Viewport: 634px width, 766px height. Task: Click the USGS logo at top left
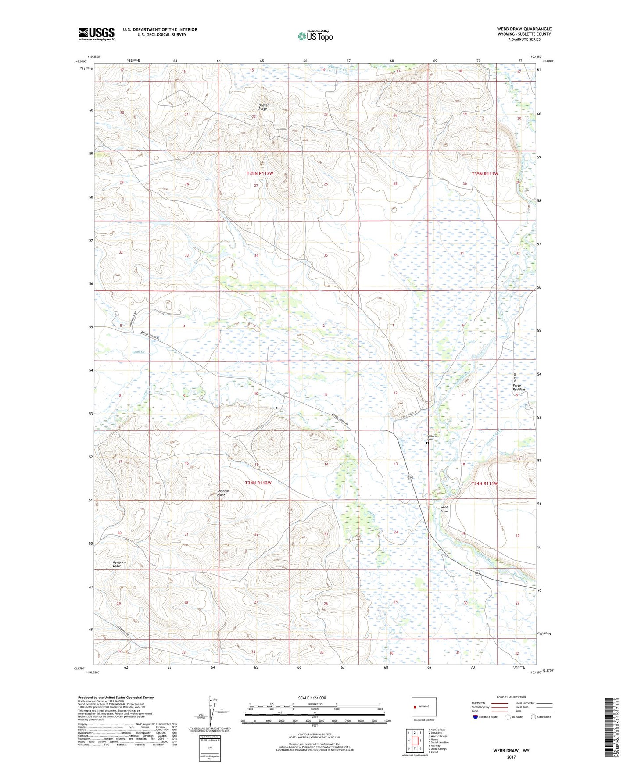(97, 34)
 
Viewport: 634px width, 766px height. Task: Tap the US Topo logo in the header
(315, 36)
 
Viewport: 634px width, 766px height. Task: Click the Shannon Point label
(224, 493)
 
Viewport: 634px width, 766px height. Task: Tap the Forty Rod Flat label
(519, 387)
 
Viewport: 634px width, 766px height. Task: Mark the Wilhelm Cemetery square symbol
(427, 443)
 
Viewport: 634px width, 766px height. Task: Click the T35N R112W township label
(260, 174)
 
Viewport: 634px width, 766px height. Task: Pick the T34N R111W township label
(485, 483)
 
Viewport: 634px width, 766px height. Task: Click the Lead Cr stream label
(138, 352)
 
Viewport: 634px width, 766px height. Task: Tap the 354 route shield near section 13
(410, 477)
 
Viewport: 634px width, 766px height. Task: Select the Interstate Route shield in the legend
(476, 717)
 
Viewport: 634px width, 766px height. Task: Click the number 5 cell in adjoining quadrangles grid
(420, 741)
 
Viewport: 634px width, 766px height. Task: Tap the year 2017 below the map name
(511, 757)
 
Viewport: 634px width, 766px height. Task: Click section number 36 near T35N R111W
(395, 255)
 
